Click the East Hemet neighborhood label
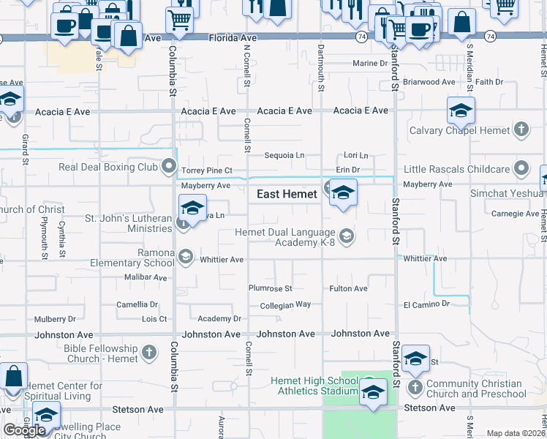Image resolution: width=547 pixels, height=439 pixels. (287, 195)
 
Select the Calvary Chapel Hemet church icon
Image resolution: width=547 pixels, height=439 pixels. (521, 130)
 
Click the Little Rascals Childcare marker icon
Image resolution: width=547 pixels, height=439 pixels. (521, 168)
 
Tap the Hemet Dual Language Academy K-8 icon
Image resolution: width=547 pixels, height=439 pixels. (347, 236)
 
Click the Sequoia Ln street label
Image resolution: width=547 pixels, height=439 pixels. (284, 155)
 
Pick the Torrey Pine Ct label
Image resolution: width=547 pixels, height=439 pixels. (206, 170)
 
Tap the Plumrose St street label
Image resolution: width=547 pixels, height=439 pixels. (270, 289)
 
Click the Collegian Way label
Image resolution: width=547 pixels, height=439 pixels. (285, 304)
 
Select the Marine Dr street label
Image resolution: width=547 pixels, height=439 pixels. (369, 64)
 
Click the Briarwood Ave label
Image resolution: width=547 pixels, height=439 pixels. (429, 82)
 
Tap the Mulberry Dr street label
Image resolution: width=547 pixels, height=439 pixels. (55, 319)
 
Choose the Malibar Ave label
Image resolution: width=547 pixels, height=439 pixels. (146, 277)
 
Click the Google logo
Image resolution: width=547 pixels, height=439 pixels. (25, 430)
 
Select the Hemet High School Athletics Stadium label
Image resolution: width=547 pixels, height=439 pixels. (314, 386)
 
